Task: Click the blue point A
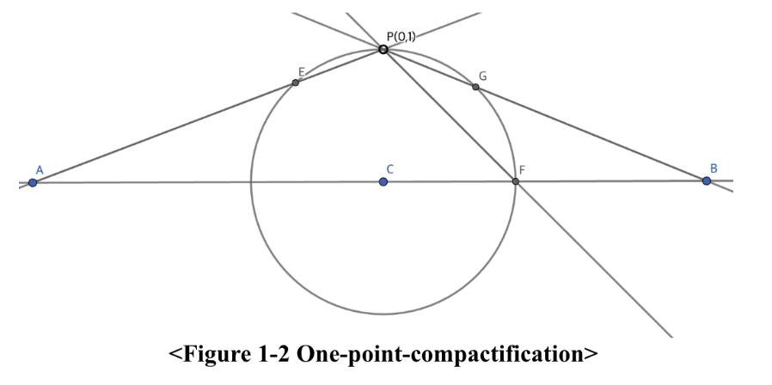(33, 182)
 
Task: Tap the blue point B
(707, 180)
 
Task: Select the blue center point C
(383, 181)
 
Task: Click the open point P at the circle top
(383, 49)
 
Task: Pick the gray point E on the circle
(296, 82)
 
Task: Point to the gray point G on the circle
(475, 87)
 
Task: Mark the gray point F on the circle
(515, 181)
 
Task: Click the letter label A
(40, 169)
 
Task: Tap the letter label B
(713, 168)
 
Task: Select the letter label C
(389, 169)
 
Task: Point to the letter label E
(302, 71)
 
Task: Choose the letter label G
(482, 76)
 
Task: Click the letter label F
(522, 170)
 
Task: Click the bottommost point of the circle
(383, 315)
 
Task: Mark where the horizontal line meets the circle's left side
(250, 182)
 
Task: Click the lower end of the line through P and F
(671, 335)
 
